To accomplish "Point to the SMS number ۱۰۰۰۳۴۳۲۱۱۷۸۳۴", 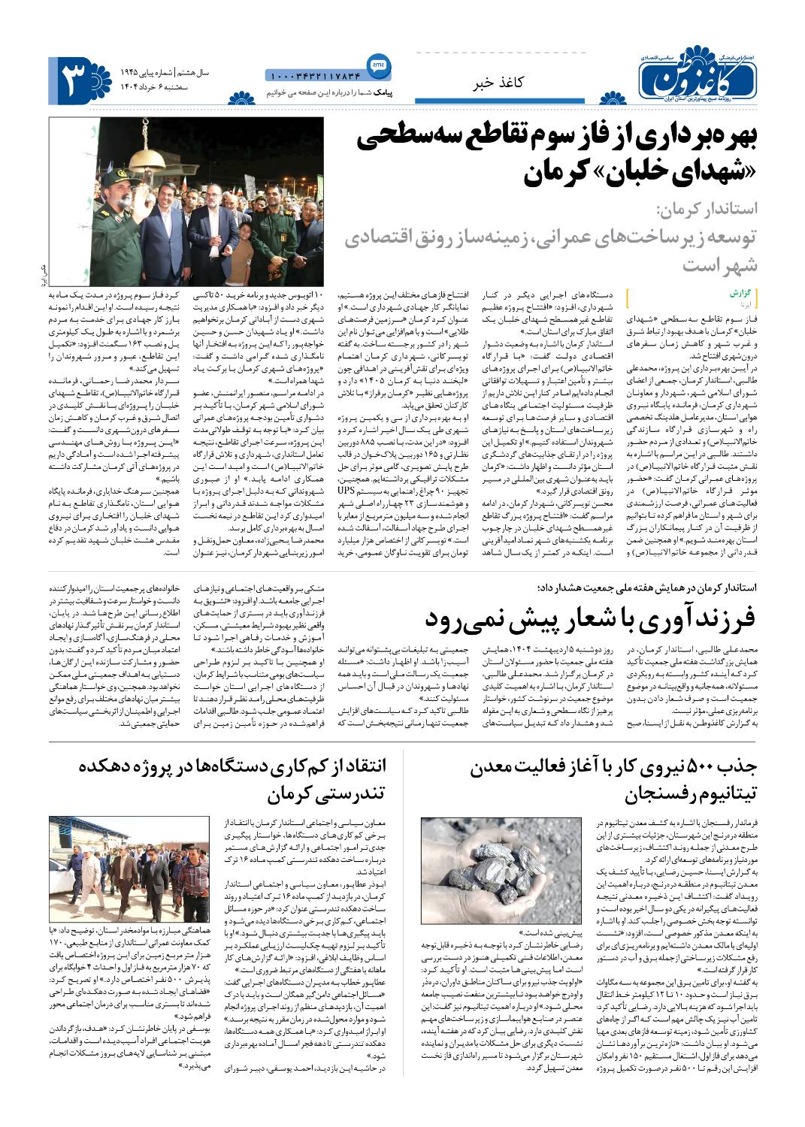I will point(314,74).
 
